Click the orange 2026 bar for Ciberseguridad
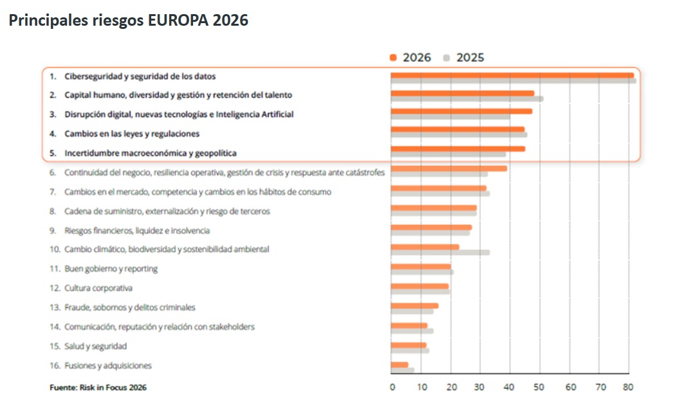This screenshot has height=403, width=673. [x=512, y=75]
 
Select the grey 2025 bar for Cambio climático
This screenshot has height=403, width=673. [x=440, y=252]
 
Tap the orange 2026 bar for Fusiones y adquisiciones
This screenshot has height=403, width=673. [x=400, y=364]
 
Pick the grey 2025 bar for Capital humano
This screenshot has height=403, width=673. [x=466, y=98]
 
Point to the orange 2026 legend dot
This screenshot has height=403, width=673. [x=393, y=58]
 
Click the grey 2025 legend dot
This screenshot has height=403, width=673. [x=446, y=58]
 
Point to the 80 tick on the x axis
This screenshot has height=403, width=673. [x=628, y=388]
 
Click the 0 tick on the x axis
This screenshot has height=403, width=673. [x=392, y=388]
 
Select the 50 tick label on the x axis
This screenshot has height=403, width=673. [x=539, y=388]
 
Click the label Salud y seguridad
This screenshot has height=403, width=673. [x=95, y=346]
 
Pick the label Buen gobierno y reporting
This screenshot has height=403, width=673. [x=111, y=269]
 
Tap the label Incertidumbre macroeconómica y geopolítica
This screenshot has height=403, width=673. [x=151, y=153]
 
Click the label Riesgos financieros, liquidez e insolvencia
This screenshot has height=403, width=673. [x=136, y=230]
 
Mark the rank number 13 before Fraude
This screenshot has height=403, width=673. [x=55, y=308]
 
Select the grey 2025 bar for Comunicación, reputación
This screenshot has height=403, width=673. [x=412, y=331]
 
